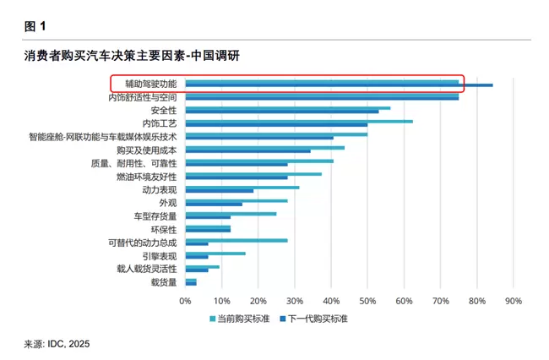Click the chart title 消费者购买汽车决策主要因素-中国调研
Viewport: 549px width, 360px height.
(132, 56)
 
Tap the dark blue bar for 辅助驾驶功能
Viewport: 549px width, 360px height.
(338, 85)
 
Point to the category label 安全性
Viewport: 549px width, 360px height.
(163, 110)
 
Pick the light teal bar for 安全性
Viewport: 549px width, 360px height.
(287, 108)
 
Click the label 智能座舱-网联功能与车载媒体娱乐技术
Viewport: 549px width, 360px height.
(102, 136)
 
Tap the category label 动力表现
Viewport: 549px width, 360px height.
(159, 189)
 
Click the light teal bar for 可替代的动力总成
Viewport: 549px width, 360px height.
(236, 240)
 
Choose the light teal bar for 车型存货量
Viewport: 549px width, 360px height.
(231, 214)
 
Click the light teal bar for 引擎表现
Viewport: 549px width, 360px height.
(215, 254)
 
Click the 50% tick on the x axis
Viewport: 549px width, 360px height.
(367, 299)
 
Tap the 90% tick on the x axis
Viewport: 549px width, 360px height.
(513, 299)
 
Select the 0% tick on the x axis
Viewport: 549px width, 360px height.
(186, 299)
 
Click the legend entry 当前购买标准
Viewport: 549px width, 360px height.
(241, 319)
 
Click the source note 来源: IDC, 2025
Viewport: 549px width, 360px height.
(56, 344)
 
